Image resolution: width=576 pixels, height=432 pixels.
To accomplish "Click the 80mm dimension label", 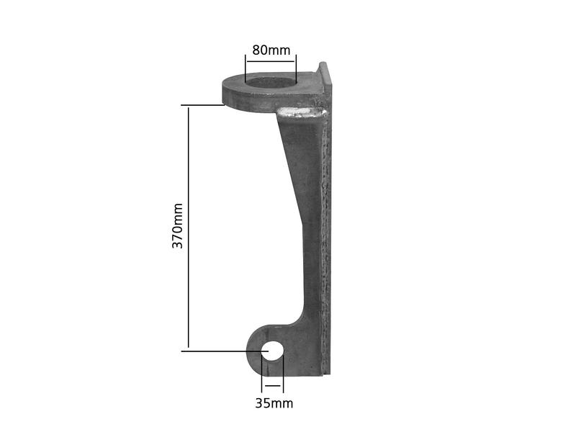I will [271, 50].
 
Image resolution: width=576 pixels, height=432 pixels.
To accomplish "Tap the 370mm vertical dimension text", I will [177, 226].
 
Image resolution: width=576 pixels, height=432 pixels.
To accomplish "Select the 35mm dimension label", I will [274, 403].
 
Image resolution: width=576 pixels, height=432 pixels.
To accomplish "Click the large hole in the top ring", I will [271, 82].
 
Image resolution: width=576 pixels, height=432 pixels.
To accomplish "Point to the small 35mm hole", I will [274, 351].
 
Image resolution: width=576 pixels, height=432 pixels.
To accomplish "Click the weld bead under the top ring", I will [302, 112].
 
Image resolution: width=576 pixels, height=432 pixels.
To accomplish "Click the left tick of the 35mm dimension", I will [263, 374].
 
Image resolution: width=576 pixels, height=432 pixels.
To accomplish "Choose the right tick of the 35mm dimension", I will [284, 374].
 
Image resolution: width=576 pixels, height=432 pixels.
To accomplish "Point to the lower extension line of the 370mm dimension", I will [216, 351].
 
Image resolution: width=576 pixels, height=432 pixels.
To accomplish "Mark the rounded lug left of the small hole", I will [254, 349].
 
